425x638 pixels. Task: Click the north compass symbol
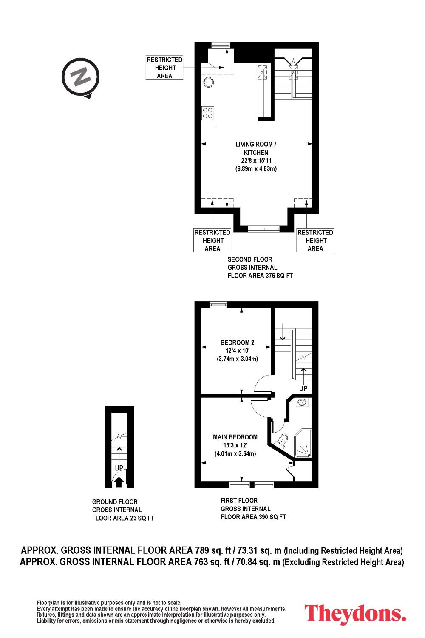coord(81,77)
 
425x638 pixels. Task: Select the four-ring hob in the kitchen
coord(208,113)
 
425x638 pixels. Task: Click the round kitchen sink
coord(208,82)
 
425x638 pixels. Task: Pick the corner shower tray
coord(302,443)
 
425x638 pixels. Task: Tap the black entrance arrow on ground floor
coord(119,482)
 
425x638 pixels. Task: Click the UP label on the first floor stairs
coord(303,388)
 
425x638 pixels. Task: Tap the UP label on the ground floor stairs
coord(119,468)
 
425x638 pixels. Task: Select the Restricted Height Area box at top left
coord(164,68)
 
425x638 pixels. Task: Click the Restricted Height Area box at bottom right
coord(315,240)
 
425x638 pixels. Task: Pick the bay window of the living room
coord(263,229)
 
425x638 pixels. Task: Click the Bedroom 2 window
coord(218,305)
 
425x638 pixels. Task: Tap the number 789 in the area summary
coord(202,550)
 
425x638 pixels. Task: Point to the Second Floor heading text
coord(249,259)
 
